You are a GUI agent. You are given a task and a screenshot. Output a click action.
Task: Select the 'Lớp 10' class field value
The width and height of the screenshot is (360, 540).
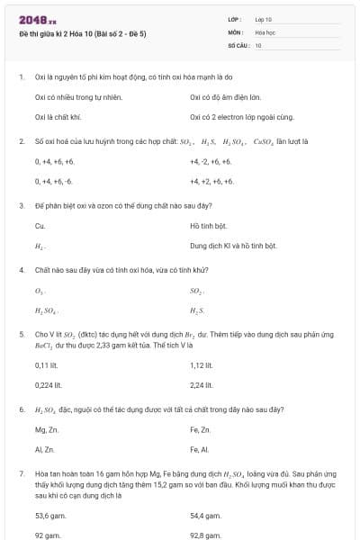(264, 19)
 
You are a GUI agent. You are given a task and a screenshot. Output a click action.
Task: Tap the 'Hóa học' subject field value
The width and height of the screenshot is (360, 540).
(265, 31)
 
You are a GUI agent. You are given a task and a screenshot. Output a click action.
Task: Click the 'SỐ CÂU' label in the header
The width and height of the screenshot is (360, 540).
(238, 44)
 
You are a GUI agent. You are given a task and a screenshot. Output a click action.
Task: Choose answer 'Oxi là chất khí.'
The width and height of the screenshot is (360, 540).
(58, 116)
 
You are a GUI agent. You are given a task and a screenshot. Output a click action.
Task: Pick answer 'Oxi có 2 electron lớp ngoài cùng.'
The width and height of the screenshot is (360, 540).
(237, 116)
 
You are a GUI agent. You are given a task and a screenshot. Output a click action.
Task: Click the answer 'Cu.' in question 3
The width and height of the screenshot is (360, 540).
(40, 225)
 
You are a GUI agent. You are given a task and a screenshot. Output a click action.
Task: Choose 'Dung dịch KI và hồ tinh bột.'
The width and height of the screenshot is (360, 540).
(233, 246)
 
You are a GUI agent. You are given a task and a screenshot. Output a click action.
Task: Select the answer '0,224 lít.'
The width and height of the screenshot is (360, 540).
(48, 384)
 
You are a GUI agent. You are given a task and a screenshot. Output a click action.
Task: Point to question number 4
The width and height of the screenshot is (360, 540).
(21, 270)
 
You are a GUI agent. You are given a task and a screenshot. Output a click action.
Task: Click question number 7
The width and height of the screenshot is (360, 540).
(21, 472)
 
